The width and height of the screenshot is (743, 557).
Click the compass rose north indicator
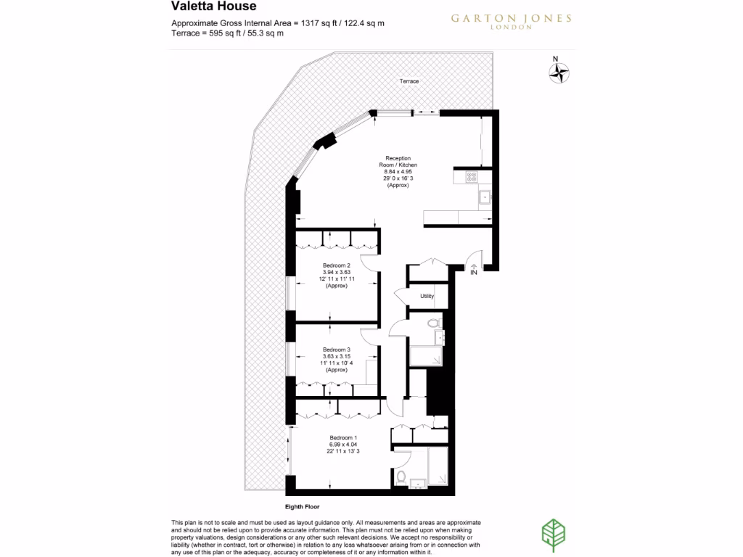pos(558,70)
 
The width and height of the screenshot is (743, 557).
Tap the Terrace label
pos(409,81)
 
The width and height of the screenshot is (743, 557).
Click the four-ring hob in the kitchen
pos(471,176)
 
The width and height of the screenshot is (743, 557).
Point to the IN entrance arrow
pos(474,271)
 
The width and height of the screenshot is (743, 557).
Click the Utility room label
pos(427,297)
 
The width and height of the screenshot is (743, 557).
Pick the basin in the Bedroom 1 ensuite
pos(417,483)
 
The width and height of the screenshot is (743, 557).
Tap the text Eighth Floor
pos(302,507)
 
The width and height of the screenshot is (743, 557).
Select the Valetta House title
pos(213,7)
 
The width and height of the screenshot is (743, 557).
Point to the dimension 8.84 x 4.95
pos(398,172)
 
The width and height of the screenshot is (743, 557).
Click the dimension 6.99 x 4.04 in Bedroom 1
pos(344,445)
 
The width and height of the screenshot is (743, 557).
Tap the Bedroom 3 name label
pos(336,350)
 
